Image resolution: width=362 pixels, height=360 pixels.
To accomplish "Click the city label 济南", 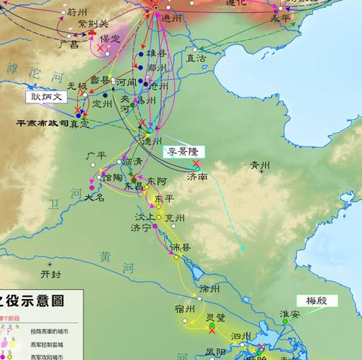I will pyautogui.click(x=197, y=177).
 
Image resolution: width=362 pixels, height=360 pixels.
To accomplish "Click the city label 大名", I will pyautogui.click(x=94, y=196).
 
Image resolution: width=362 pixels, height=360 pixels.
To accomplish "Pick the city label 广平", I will pyautogui.click(x=96, y=155).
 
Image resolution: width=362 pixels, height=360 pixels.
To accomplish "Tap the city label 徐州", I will pyautogui.click(x=209, y=289).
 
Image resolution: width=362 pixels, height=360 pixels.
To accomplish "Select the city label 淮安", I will pyautogui.click(x=289, y=313).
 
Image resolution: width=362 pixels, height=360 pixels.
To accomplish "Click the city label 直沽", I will pyautogui.click(x=196, y=57).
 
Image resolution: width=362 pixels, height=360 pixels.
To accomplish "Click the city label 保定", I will pyautogui.click(x=110, y=38).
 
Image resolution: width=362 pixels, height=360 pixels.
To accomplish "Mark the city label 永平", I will pyautogui.click(x=280, y=18).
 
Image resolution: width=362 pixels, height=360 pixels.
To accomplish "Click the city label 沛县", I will pyautogui.click(x=181, y=247).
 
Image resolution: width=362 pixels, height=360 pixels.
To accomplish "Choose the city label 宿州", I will pyautogui.click(x=184, y=309).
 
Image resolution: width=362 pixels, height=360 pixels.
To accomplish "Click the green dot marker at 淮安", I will pyautogui.click(x=285, y=322).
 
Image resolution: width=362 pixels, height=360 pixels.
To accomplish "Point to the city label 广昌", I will pyautogui.click(x=69, y=45).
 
